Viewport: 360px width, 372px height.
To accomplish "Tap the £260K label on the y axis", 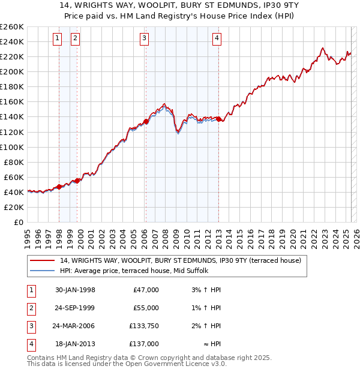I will [12, 26].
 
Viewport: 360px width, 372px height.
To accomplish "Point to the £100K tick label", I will [12, 147].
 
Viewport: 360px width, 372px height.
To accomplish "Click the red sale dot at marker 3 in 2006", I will [146, 121].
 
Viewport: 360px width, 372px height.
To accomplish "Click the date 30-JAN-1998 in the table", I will [75, 290].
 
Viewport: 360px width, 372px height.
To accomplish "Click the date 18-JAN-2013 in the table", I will [75, 344].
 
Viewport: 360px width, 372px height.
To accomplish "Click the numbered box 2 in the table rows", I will [30, 308].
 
